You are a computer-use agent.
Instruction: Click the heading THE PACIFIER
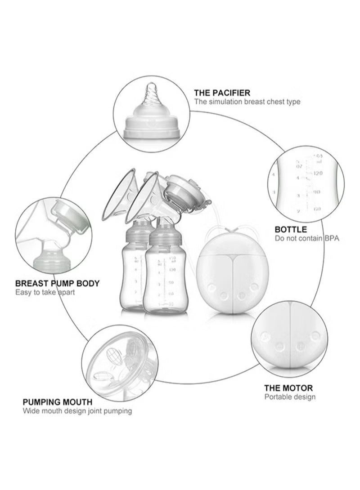pos(222,93)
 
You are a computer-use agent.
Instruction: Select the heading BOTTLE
pos(291,229)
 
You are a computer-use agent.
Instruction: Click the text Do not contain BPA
pos(307,238)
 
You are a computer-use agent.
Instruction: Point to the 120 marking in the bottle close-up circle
pos(319,173)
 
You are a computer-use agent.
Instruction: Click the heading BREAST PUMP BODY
pos(58,284)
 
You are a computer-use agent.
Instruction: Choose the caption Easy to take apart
pos(45,292)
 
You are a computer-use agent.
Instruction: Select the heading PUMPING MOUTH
pos(58,402)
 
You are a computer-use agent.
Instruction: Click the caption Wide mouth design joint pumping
pos(77,411)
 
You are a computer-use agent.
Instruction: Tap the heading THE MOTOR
pos(288,388)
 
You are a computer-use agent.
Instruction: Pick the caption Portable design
pos(290,397)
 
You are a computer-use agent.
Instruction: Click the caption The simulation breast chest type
pos(247,102)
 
